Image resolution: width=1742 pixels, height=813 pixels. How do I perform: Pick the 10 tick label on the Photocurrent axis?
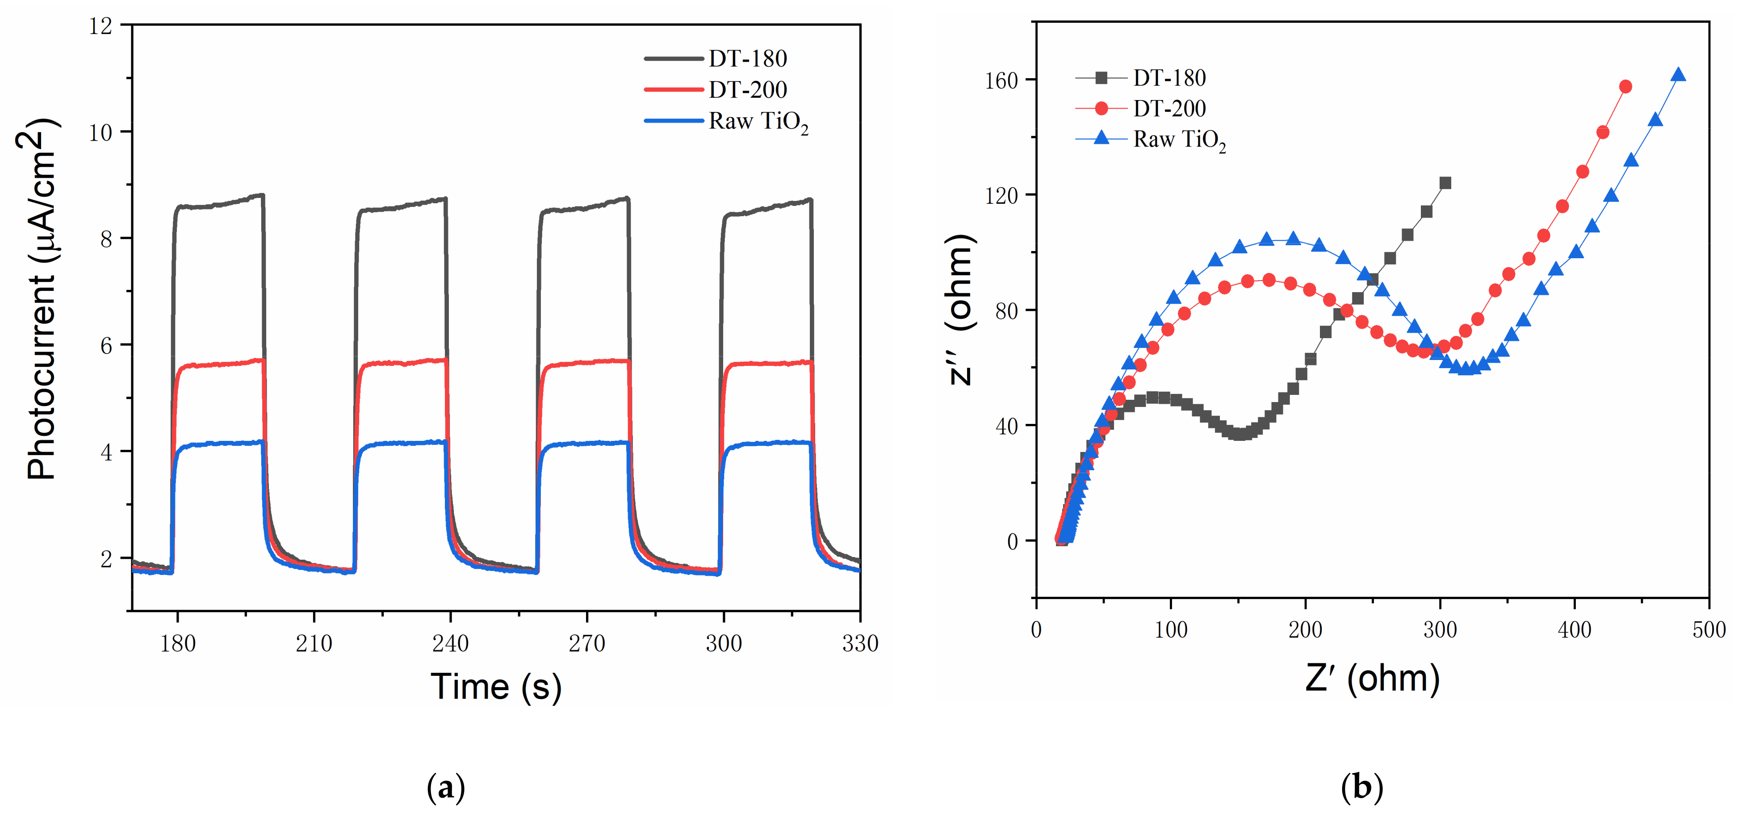[101, 133]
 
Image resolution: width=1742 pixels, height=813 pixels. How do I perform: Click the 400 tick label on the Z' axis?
[1574, 630]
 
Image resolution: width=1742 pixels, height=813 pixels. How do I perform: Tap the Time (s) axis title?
[496, 687]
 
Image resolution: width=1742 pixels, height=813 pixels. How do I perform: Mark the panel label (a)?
[446, 787]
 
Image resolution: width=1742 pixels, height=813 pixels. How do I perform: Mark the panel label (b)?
[1361, 787]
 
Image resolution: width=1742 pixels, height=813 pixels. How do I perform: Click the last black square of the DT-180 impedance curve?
[1445, 183]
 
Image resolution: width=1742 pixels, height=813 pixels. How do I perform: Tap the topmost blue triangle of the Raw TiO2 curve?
[1678, 75]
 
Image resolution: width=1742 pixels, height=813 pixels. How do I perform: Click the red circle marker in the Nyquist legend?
[1101, 108]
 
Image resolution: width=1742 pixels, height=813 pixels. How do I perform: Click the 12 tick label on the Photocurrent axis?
[101, 26]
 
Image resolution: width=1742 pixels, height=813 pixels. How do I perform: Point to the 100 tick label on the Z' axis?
[1171, 630]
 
